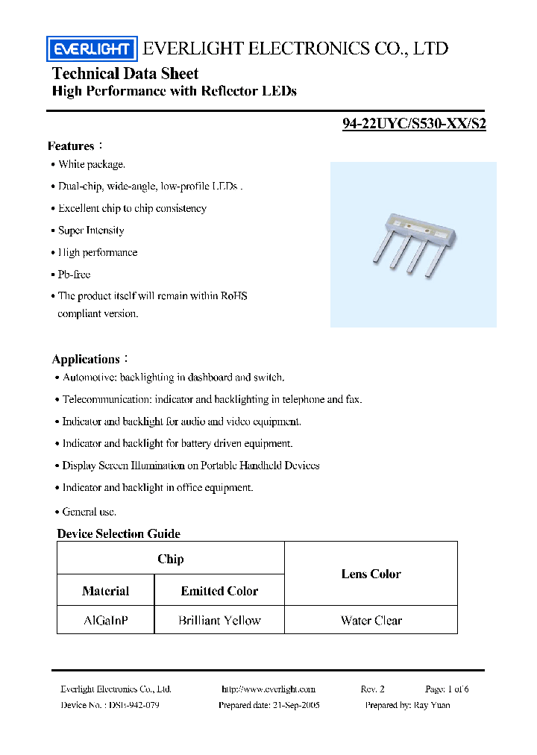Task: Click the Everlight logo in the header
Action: [x=92, y=50]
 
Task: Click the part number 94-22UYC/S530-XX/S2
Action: [x=414, y=125]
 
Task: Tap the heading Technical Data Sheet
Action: [x=125, y=73]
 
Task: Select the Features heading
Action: [x=72, y=145]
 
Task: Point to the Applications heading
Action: [x=86, y=359]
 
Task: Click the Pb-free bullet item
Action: [x=74, y=275]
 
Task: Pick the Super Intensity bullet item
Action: [x=91, y=231]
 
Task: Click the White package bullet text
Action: [x=92, y=164]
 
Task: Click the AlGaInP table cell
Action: [x=105, y=620]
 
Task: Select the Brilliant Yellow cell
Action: [x=219, y=620]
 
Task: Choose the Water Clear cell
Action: [x=371, y=620]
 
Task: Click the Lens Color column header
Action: [x=371, y=574]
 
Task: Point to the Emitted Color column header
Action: [x=219, y=591]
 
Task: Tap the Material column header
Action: [x=105, y=591]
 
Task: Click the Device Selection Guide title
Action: [x=119, y=533]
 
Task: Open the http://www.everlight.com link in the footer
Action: [x=268, y=689]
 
